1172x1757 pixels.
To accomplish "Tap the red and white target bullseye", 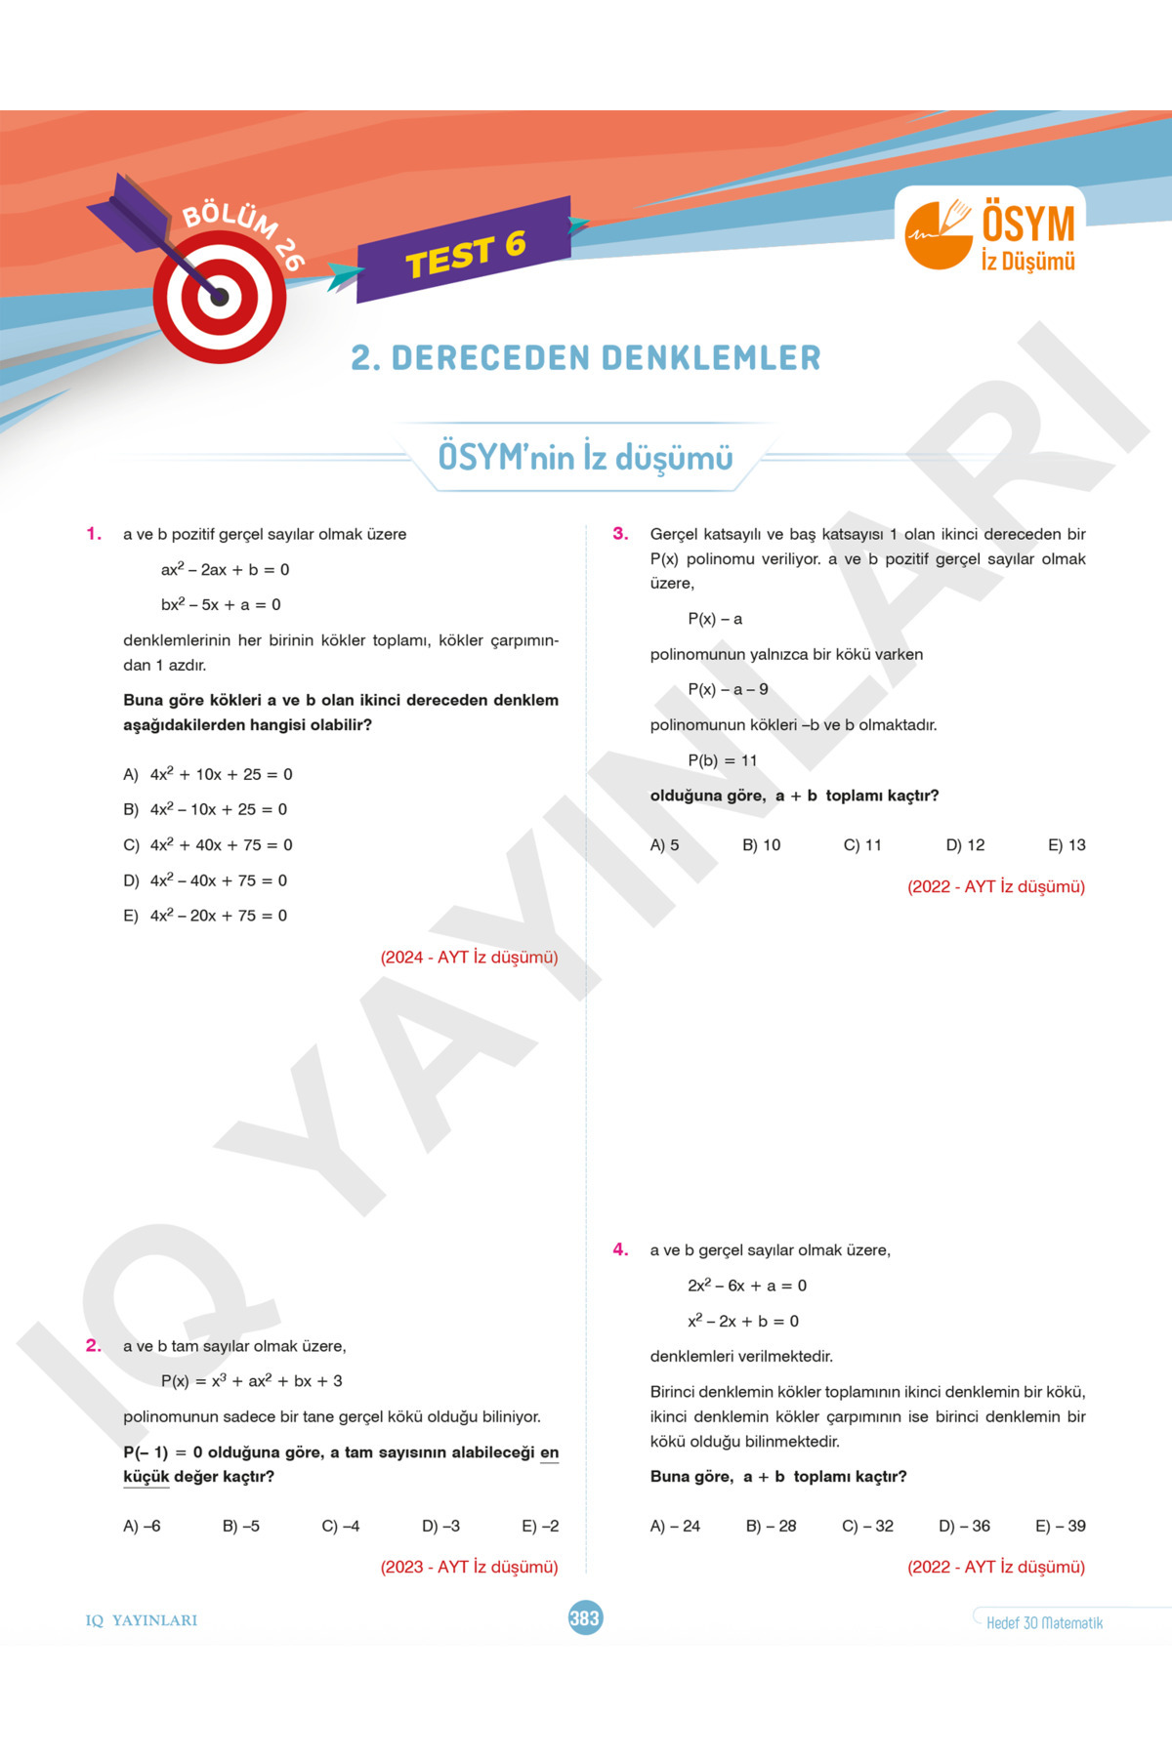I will (220, 298).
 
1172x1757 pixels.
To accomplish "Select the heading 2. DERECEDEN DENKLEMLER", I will (586, 358).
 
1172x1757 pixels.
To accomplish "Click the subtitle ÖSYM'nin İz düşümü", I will (585, 457).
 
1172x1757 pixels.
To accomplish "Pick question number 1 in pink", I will (94, 534).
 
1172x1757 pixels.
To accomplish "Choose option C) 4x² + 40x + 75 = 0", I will (208, 845).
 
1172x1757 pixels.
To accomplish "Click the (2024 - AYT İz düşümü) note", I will (469, 958).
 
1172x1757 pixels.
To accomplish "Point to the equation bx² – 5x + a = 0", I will (221, 605).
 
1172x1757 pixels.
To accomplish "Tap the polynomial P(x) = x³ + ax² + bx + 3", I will (251, 1381).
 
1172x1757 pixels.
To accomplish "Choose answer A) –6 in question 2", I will (142, 1527).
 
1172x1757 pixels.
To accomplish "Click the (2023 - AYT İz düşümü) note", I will (469, 1568).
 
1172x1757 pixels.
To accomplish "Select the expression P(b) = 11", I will (722, 760).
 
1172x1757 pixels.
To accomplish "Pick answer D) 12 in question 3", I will (965, 845).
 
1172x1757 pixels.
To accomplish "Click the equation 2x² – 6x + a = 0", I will (747, 1286).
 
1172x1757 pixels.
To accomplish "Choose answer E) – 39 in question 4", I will (1060, 1527).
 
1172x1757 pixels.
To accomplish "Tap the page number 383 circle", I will (585, 1618).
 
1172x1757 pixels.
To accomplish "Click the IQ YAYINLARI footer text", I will (142, 1620).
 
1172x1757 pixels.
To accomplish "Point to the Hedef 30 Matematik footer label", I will (1044, 1623).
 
